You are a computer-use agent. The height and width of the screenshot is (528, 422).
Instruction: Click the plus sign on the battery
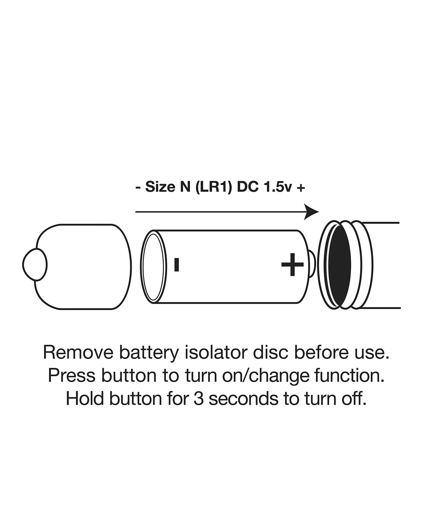(x=292, y=264)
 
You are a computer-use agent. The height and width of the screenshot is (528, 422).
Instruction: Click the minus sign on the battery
(x=177, y=265)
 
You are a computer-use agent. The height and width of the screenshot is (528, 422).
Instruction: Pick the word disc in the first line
(x=269, y=353)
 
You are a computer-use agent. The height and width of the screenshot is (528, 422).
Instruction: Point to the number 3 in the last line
(x=199, y=399)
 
